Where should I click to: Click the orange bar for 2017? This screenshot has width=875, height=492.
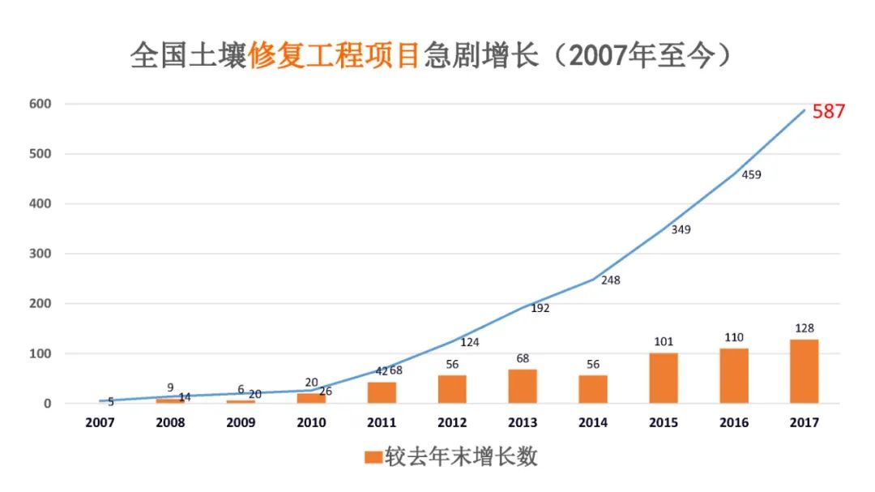pyautogui.click(x=805, y=371)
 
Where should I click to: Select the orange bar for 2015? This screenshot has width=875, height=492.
pyautogui.click(x=664, y=379)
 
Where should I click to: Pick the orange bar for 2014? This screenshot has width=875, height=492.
pyautogui.click(x=593, y=389)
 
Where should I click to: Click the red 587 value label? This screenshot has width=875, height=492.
pyautogui.click(x=829, y=112)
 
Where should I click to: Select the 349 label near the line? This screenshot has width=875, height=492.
pyautogui.click(x=681, y=229)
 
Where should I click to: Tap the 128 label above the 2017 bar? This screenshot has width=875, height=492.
pyautogui.click(x=805, y=327)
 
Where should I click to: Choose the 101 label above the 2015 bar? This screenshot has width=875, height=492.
pyautogui.click(x=663, y=341)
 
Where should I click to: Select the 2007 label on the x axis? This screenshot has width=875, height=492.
pyautogui.click(x=100, y=422)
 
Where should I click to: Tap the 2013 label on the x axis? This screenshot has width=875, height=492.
pyautogui.click(x=523, y=422)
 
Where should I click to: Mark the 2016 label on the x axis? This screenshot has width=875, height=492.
pyautogui.click(x=734, y=422)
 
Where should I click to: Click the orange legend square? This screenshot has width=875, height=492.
pyautogui.click(x=373, y=457)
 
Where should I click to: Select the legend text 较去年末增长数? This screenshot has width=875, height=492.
pyautogui.click(x=460, y=456)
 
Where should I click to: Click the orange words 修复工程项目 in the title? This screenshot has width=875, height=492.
pyautogui.click(x=335, y=56)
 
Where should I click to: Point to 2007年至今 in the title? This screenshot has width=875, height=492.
pyautogui.click(x=641, y=56)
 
